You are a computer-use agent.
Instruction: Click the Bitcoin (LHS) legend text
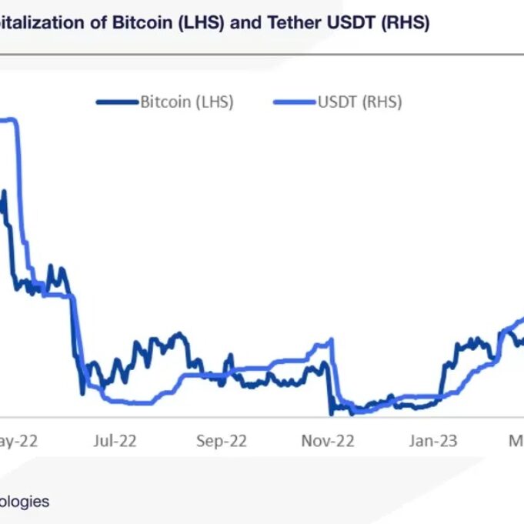click(x=187, y=102)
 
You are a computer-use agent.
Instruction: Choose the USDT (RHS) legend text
click(x=359, y=102)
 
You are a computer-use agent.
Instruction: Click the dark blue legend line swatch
click(x=118, y=102)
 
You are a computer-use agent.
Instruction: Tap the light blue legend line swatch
click(x=295, y=102)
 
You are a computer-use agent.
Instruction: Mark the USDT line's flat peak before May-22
click(x=8, y=119)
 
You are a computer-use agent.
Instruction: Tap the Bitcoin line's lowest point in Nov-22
click(x=332, y=414)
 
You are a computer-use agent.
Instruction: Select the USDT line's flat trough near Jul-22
click(x=131, y=402)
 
